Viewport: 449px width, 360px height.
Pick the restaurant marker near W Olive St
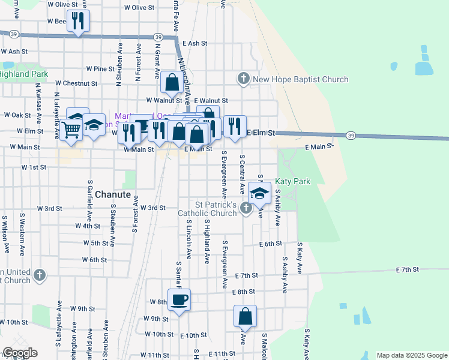coord(78,22)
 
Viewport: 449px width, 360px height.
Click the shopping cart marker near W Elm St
coord(71,129)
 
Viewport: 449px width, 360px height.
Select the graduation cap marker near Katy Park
coord(259,194)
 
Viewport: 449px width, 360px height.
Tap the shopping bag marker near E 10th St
coord(245,316)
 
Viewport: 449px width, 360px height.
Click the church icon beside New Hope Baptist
coord(244,79)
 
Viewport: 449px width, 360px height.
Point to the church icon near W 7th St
coord(40,275)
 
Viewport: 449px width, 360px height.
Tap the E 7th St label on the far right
coord(407,270)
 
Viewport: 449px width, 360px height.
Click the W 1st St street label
coord(34,167)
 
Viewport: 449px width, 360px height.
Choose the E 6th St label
coord(271,244)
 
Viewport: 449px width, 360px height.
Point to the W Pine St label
coord(100,69)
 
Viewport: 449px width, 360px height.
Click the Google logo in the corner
coord(20,353)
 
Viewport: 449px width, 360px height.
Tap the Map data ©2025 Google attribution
coord(412,355)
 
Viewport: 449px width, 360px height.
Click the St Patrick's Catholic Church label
coord(208,209)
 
